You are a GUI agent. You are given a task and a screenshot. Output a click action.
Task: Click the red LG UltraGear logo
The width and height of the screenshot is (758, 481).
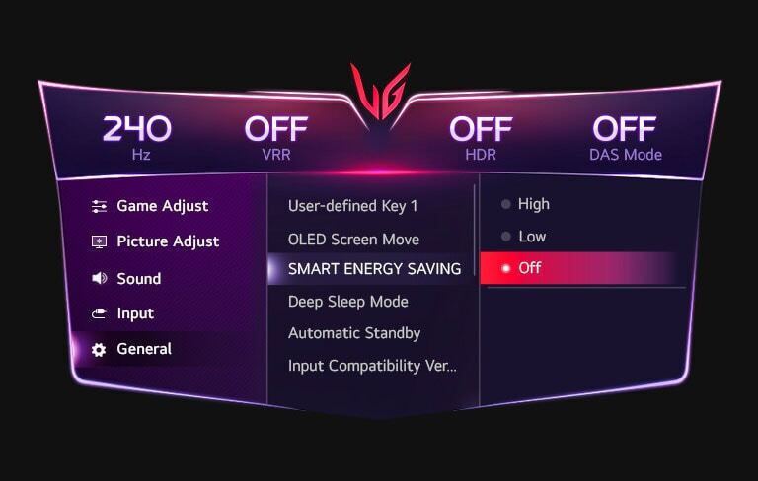(380, 92)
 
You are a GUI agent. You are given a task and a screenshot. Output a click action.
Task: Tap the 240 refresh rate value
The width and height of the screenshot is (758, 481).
(137, 128)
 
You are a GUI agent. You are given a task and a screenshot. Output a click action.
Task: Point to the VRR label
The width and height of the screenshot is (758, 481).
(276, 155)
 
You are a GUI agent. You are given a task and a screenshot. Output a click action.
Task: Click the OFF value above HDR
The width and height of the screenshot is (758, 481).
(481, 129)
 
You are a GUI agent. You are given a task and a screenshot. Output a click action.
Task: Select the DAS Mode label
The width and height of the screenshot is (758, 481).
(626, 155)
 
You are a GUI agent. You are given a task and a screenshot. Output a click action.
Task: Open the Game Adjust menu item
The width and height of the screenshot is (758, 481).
(163, 206)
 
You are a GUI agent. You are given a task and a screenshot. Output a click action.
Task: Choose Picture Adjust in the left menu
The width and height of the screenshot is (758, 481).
(168, 241)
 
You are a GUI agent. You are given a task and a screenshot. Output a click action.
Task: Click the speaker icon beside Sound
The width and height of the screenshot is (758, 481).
(99, 278)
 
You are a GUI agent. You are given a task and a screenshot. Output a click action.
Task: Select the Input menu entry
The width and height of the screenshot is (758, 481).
(135, 313)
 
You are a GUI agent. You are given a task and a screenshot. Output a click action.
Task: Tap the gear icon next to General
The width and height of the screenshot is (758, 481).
(99, 350)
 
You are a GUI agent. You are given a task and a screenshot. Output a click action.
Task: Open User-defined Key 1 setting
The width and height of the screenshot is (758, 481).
(352, 206)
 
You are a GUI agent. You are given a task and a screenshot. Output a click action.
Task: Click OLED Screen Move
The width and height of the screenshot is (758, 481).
(353, 240)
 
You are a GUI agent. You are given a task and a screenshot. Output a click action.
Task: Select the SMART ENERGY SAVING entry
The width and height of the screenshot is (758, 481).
(374, 269)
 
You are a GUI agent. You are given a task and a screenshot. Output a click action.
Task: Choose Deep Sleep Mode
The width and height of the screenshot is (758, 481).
(348, 302)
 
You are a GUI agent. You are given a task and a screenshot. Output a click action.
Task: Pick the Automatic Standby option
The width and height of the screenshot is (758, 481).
(354, 333)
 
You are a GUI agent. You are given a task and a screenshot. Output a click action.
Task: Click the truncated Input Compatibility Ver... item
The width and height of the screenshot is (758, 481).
(372, 366)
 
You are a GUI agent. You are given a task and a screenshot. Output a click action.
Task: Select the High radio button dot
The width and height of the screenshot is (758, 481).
(505, 204)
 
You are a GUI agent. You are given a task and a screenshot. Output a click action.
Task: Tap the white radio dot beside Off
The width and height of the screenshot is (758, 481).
(505, 268)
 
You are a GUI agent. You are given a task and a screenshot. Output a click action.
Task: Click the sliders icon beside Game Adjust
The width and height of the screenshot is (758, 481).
(99, 206)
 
